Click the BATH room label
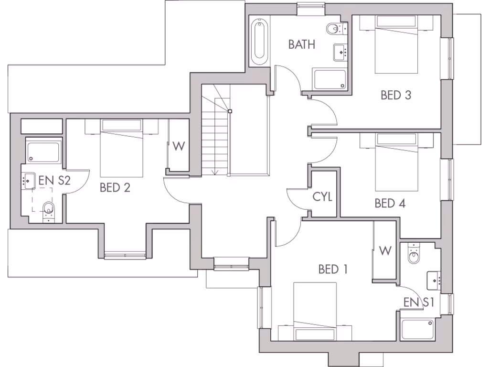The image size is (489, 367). (x=302, y=44)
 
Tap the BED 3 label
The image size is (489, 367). (x=395, y=95)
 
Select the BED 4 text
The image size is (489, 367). (x=390, y=204)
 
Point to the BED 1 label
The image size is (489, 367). (x=333, y=269)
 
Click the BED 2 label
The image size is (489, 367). (x=115, y=188)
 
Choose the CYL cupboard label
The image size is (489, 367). (x=322, y=196)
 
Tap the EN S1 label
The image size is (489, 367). (x=419, y=302)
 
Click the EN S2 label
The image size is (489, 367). (x=55, y=181)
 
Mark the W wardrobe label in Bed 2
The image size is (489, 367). (x=178, y=146)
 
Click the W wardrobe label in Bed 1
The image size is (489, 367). (x=385, y=250)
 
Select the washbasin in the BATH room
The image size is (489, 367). (x=340, y=51)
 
